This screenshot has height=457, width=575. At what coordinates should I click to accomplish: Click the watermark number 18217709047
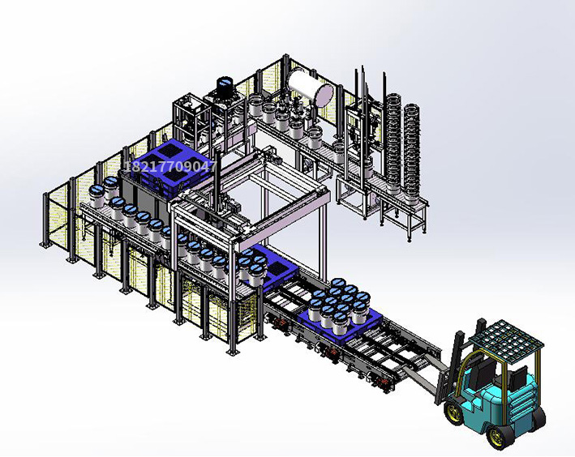coord(170,167)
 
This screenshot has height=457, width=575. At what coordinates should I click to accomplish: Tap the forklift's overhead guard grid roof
coord(507,338)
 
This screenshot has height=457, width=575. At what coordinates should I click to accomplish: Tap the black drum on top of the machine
coord(225,87)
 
